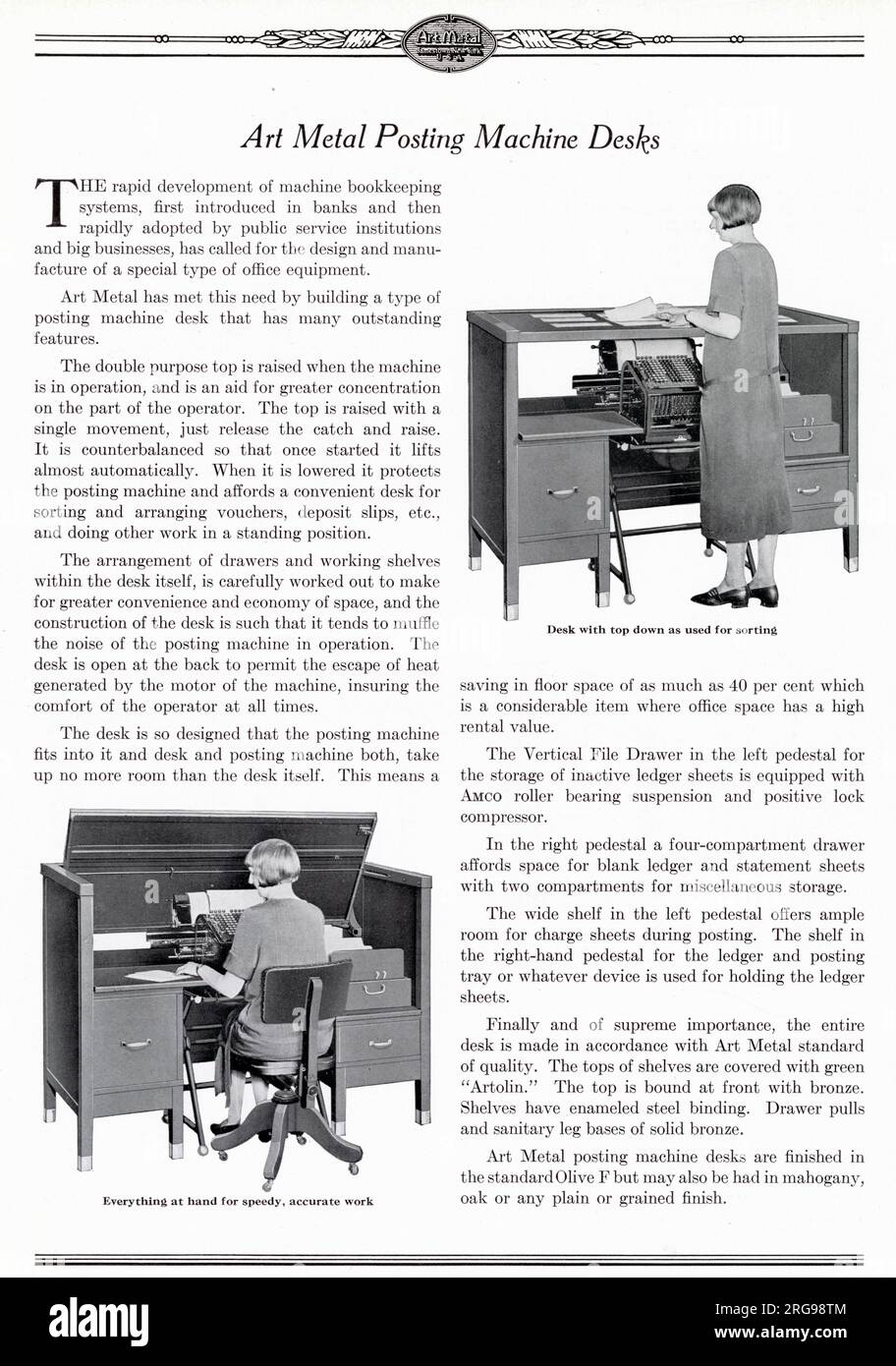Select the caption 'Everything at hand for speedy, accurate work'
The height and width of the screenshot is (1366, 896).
point(238,1201)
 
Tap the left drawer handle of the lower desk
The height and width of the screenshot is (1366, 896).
point(133,1039)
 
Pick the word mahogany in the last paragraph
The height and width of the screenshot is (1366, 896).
point(823,1177)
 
